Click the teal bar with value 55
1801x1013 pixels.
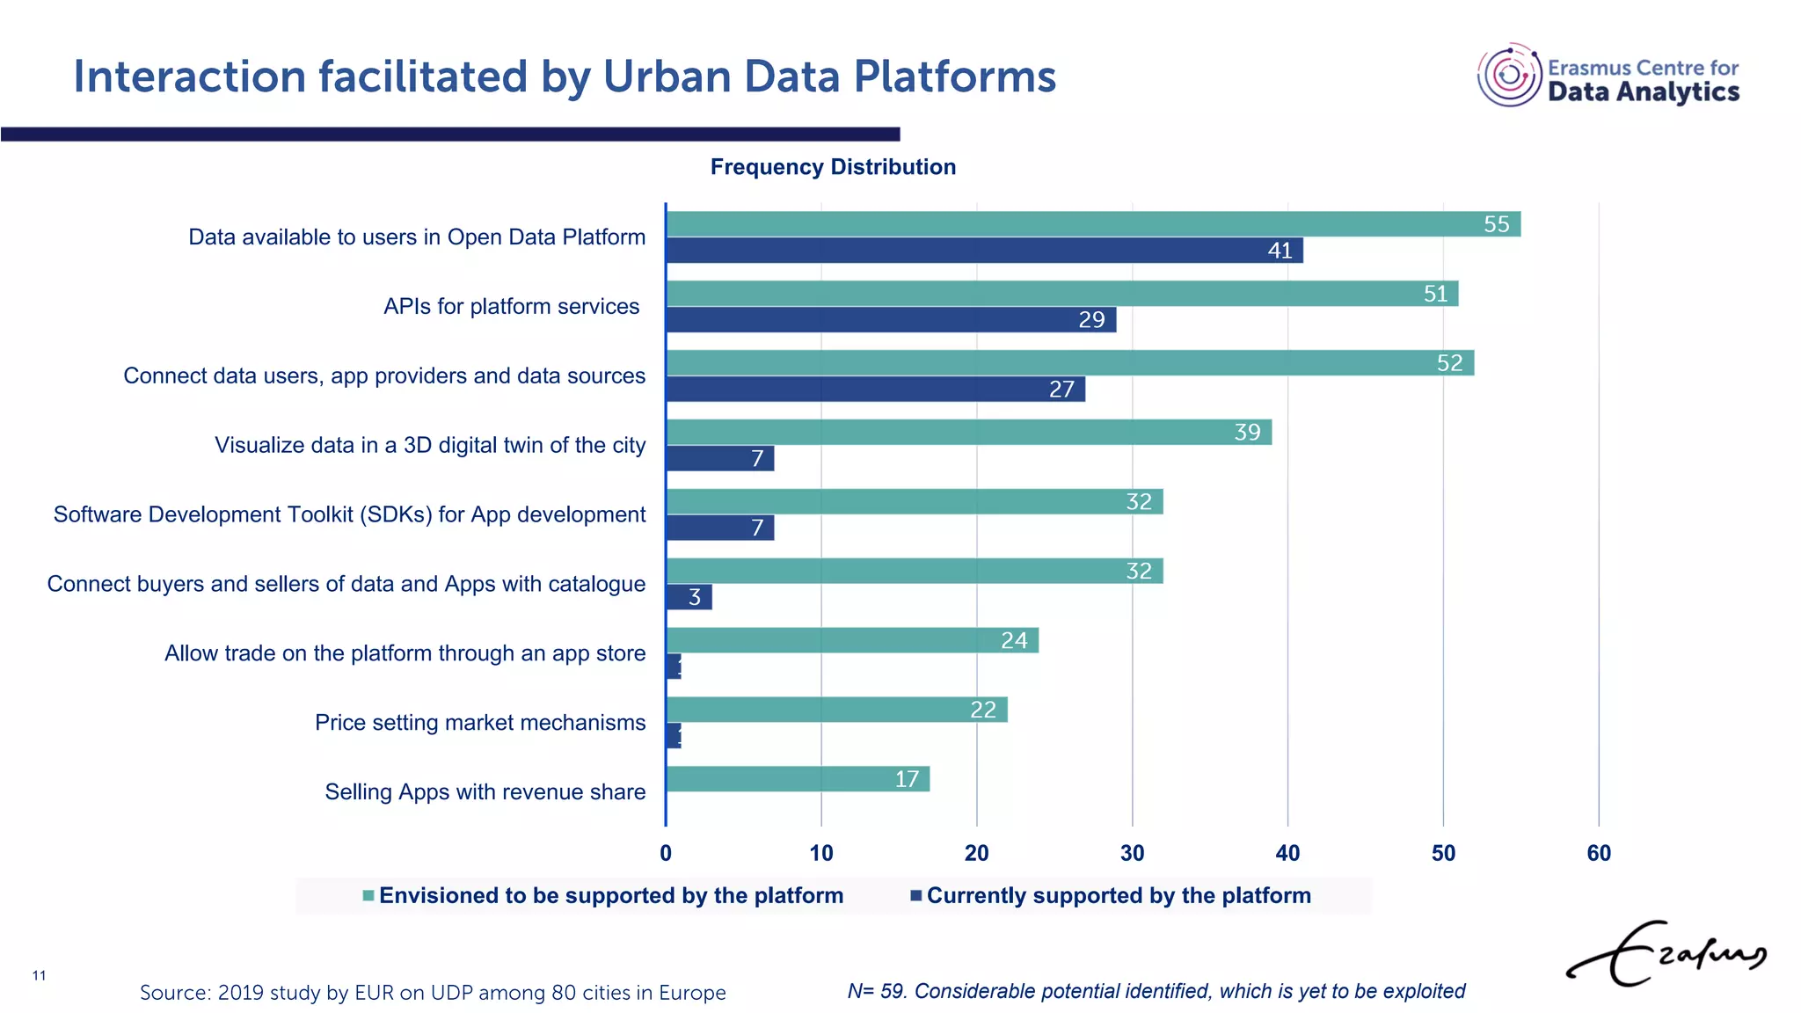[x=1093, y=224]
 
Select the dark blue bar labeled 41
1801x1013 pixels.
[x=984, y=251]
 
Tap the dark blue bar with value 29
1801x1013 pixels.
[x=891, y=320]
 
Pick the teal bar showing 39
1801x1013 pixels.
[x=968, y=433]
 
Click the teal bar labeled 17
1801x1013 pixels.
[x=798, y=779]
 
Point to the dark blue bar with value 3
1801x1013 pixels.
[x=689, y=598]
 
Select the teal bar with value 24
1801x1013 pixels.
[x=852, y=640]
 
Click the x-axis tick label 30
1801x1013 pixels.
[x=1132, y=853]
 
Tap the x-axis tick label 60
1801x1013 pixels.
[x=1598, y=853]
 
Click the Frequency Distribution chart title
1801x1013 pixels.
[x=833, y=167]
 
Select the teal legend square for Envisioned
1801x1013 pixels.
[x=368, y=896]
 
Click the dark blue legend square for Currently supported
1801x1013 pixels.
[x=915, y=896]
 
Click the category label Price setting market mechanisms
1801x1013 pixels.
[x=480, y=723]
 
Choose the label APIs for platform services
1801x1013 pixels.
[x=511, y=307]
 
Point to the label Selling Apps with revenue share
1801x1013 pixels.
[x=485, y=792]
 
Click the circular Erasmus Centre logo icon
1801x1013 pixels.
[x=1509, y=76]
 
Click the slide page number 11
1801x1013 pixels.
[x=39, y=975]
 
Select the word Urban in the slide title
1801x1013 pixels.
[x=667, y=77]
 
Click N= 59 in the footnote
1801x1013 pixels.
[x=876, y=992]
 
